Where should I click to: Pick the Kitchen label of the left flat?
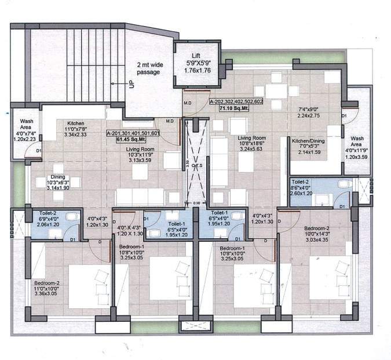tap(76, 123)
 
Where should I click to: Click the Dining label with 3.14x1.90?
tap(57, 178)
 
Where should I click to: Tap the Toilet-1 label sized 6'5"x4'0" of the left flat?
tap(176, 223)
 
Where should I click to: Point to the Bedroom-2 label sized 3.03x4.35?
tap(316, 228)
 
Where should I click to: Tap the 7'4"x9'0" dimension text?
tap(309, 108)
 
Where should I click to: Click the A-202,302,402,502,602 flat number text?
tap(236, 101)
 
